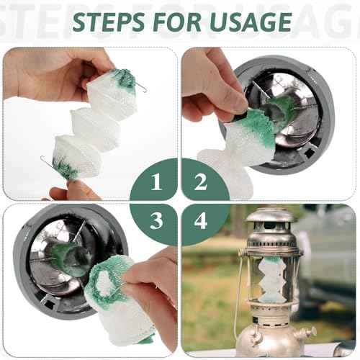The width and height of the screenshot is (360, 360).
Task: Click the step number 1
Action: point(156,183)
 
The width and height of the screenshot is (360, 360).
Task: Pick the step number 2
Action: point(201,183)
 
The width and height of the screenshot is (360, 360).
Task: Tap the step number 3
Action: point(156,221)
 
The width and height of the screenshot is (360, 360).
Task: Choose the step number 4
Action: point(201,221)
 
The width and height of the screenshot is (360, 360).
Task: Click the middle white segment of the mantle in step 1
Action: point(95,127)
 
